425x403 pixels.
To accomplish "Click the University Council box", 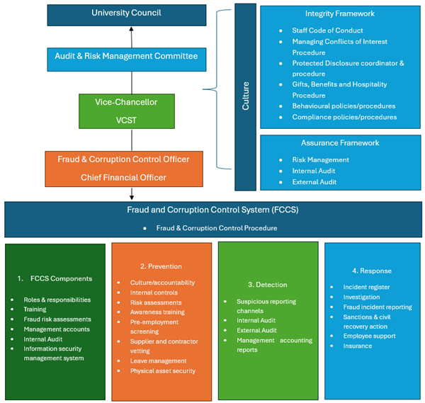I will pyautogui.click(x=127, y=13).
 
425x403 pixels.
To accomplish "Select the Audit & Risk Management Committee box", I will pyautogui.click(x=127, y=56).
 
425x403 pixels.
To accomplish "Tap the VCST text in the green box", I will pyautogui.click(x=126, y=120).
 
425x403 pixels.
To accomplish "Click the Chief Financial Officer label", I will pyautogui.click(x=124, y=177).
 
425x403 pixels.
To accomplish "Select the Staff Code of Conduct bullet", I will pyautogui.click(x=327, y=30).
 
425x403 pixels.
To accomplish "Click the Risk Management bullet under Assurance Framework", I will pyautogui.click(x=320, y=159).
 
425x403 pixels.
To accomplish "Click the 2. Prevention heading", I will pyautogui.click(x=161, y=266).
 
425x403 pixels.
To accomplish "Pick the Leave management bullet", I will pyautogui.click(x=158, y=361).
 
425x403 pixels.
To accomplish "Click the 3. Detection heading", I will pyautogui.click(x=266, y=284).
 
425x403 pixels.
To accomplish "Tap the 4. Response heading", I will pyautogui.click(x=372, y=271).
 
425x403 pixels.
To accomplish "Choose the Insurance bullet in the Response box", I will pyautogui.click(x=358, y=346).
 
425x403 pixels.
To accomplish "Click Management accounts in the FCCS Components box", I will pyautogui.click(x=57, y=329).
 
